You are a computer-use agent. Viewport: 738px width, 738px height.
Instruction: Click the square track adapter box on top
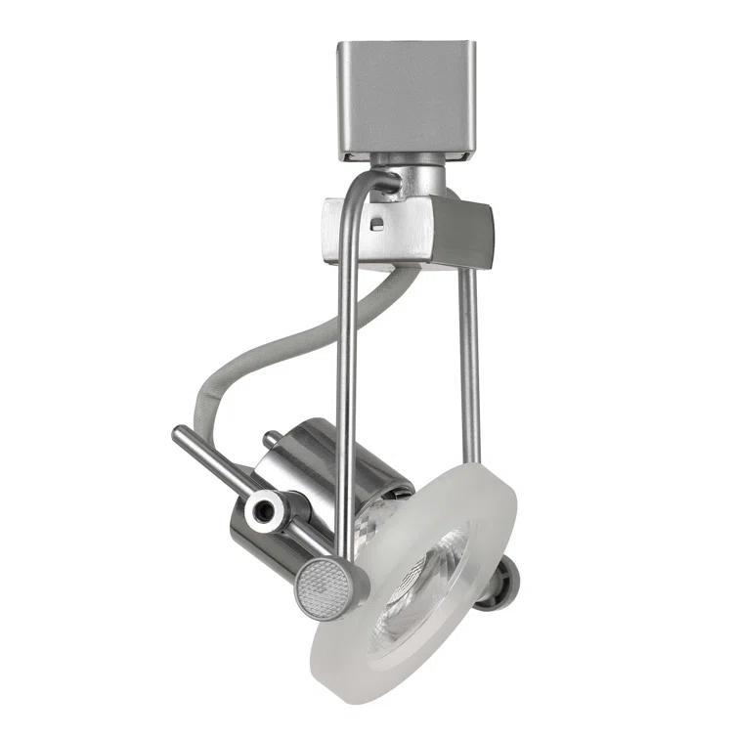pos(406,98)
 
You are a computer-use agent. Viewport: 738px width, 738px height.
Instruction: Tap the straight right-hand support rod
pos(469,362)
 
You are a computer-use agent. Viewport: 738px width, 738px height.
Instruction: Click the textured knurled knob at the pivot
pos(320,589)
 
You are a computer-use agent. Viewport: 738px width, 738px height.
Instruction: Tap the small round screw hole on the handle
pos(264,509)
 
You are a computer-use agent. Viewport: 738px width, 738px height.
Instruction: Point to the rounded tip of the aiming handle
pos(180,436)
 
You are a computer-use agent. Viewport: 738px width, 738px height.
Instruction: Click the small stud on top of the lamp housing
pos(271,441)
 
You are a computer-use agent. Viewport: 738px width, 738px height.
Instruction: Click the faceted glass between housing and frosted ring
pos(376,528)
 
